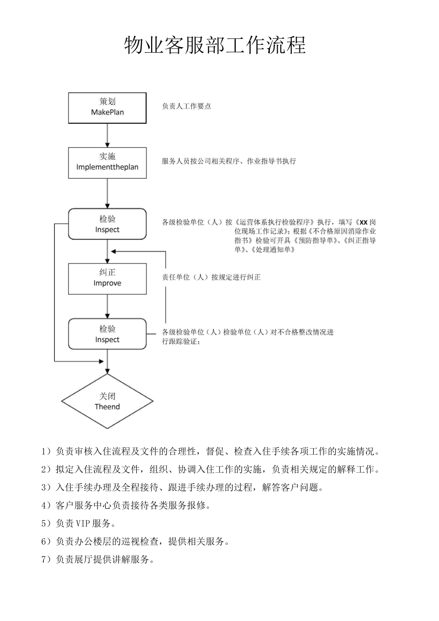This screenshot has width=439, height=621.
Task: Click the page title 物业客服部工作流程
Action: tap(215, 46)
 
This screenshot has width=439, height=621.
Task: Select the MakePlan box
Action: tap(107, 108)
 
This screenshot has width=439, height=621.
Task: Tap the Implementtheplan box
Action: tap(107, 163)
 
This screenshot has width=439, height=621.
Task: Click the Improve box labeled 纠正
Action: tap(107, 279)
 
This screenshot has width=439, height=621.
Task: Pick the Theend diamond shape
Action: tap(107, 401)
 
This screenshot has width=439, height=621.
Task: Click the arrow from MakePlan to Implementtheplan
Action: tap(107, 135)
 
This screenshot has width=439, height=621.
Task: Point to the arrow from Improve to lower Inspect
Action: tap(107, 306)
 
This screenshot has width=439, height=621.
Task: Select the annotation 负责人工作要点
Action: tap(186, 106)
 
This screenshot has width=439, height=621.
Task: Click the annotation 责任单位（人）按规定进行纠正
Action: tap(211, 277)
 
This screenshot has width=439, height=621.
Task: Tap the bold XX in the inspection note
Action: tap(363, 222)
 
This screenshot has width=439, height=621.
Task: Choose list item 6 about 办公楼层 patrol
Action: tap(136, 542)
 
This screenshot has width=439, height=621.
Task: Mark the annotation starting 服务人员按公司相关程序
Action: tap(229, 161)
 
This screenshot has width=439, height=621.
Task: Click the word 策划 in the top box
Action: tap(107, 102)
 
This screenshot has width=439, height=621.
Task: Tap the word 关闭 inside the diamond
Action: tap(107, 396)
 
